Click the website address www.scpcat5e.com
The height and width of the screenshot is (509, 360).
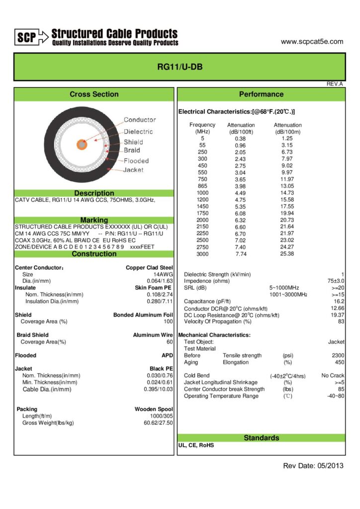click(x=312, y=42)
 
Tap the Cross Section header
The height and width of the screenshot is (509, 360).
click(x=94, y=94)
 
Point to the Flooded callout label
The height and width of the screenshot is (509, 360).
click(x=136, y=161)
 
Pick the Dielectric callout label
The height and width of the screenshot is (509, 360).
click(x=138, y=132)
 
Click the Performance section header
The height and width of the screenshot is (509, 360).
click(x=261, y=94)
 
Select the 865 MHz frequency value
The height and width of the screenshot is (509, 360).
click(x=202, y=186)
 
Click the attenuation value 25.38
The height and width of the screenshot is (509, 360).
click(x=287, y=254)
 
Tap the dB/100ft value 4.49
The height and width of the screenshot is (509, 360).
click(x=241, y=193)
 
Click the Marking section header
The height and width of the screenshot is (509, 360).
click(x=94, y=220)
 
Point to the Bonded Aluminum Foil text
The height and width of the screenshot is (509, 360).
click(x=143, y=315)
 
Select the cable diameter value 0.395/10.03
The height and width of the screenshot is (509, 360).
click(x=158, y=389)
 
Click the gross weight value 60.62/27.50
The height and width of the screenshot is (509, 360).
click(x=158, y=423)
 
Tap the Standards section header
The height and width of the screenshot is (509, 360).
click(x=261, y=438)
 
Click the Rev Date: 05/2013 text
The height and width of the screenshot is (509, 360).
click(x=313, y=466)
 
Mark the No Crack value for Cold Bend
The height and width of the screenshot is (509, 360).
click(x=333, y=375)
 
